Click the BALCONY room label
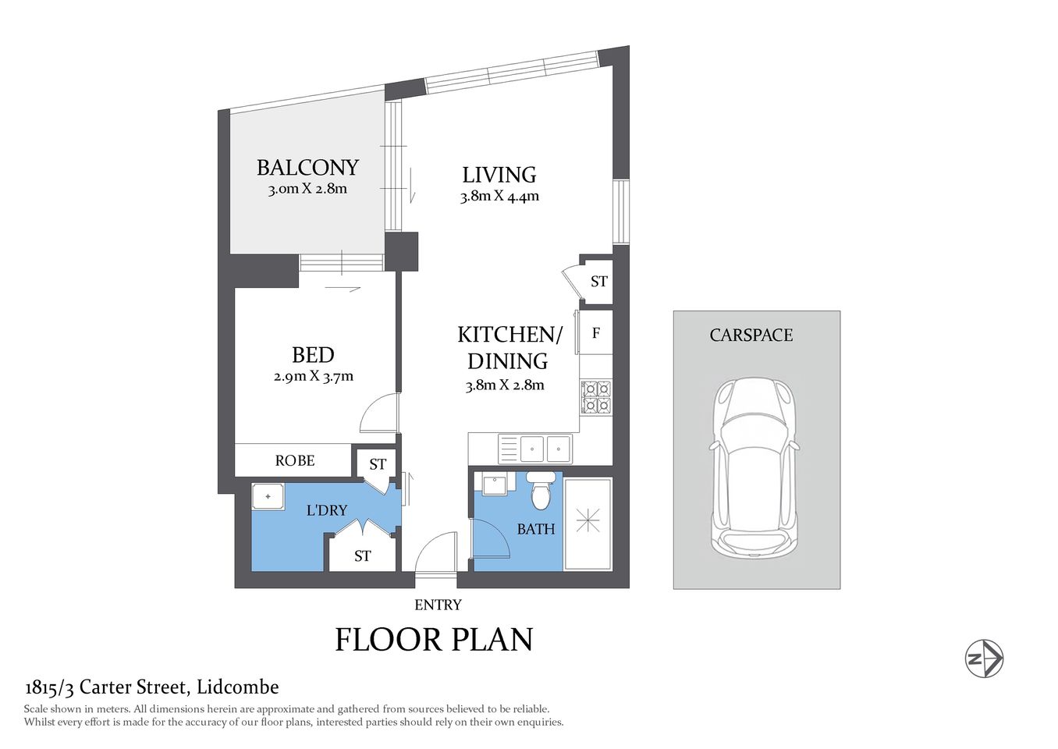coord(307,168)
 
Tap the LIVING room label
coord(499,175)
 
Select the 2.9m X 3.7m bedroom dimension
coord(313,376)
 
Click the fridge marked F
coord(595,333)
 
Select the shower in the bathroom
coord(588,523)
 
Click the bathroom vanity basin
coord(495,484)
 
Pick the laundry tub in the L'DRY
coord(268,496)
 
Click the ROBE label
coord(295,460)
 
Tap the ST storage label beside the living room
coord(598,282)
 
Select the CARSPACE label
coord(751,335)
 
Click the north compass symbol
coord(984,658)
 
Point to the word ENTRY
coord(438,605)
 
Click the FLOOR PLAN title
coord(434,640)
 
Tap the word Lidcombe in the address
coord(237,687)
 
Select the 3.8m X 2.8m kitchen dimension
coord(505,385)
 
